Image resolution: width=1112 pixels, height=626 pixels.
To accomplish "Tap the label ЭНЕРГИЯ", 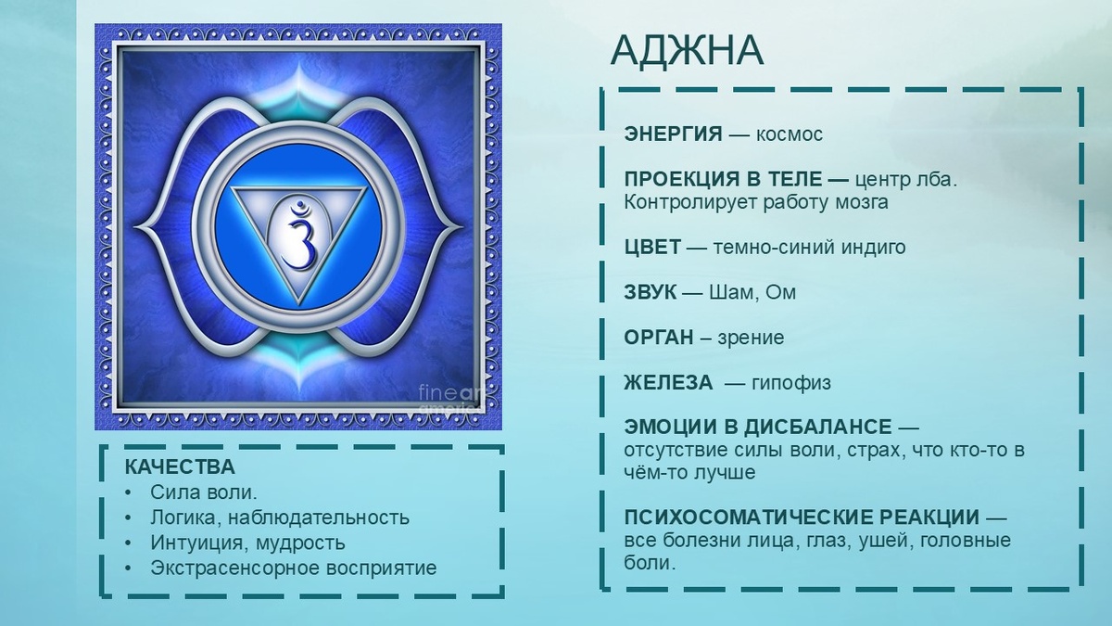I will click(673, 134).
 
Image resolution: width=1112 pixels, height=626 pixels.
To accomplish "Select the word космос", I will click(790, 134).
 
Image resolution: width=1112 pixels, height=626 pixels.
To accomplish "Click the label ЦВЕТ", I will click(653, 248).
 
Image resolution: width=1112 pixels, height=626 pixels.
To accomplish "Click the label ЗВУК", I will click(651, 293).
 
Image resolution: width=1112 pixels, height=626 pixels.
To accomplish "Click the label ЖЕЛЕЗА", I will click(668, 383).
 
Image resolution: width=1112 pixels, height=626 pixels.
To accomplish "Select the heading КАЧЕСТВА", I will click(180, 467).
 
